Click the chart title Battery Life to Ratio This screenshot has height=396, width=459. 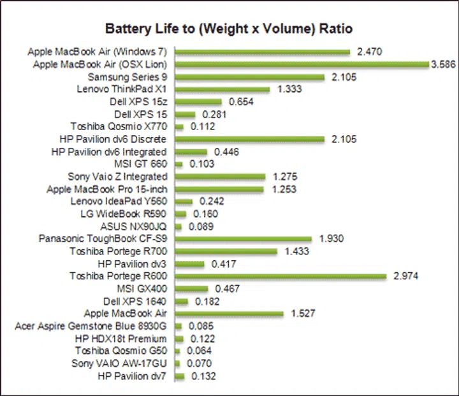[229, 29]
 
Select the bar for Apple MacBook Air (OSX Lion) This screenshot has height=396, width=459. [302, 64]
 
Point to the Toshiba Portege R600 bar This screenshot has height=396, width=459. [280, 276]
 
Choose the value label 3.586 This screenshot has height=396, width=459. [444, 64]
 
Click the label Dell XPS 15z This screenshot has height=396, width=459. [138, 101]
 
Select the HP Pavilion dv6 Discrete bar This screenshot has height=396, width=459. [249, 139]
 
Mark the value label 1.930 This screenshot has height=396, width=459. [331, 238]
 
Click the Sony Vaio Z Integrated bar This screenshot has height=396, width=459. [220, 177]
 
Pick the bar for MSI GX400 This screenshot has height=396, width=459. [191, 289]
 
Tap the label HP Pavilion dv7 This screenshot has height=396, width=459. [132, 376]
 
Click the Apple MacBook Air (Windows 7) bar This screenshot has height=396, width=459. [262, 52]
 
